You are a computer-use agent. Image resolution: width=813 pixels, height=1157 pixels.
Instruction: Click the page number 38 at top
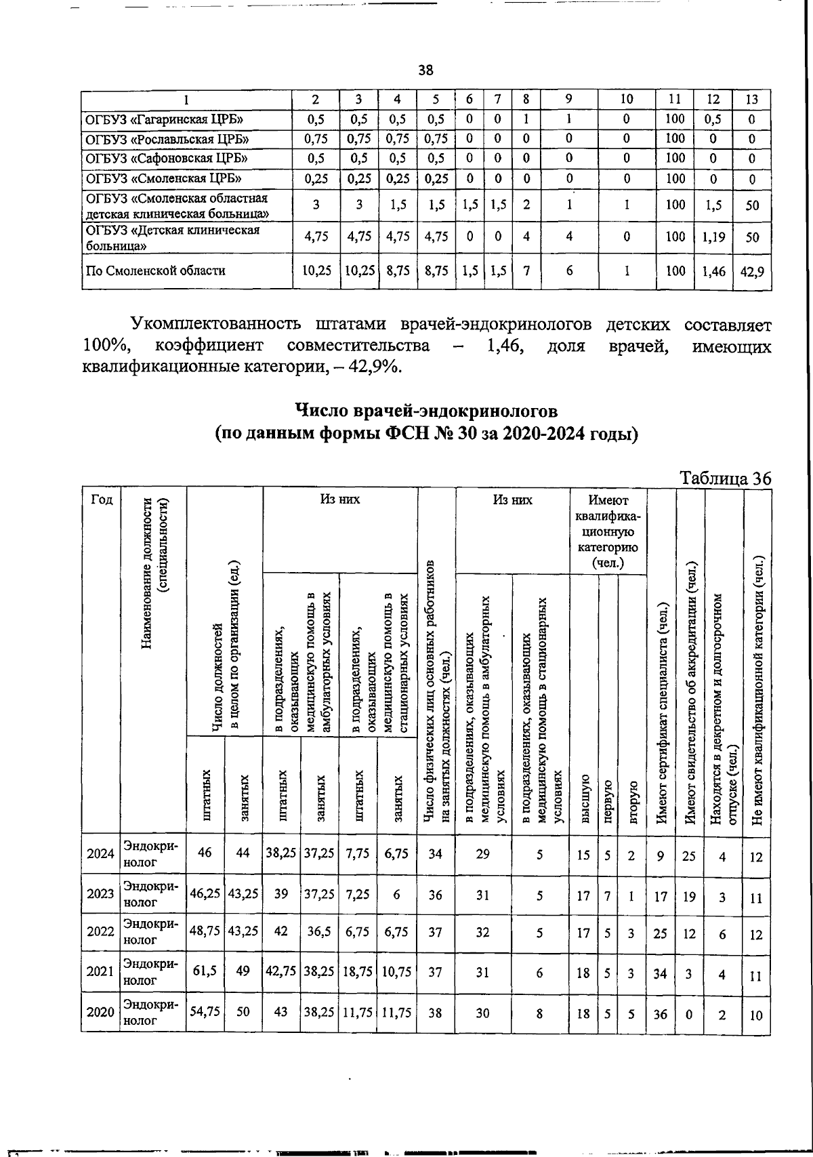tap(425, 70)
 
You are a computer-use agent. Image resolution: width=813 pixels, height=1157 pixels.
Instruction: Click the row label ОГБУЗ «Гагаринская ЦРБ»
tap(163, 120)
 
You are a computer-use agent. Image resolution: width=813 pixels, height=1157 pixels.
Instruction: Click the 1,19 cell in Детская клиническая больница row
tap(713, 237)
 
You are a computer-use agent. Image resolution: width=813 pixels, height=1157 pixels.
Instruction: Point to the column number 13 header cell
tap(752, 100)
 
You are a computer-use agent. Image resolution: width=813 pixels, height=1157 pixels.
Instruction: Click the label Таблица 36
tap(726, 478)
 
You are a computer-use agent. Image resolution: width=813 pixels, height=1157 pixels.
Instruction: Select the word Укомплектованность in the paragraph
tap(218, 324)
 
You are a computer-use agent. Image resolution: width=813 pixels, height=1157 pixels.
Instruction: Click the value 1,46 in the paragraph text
tap(506, 346)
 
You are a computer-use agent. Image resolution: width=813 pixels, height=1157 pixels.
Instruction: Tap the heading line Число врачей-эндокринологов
tap(426, 411)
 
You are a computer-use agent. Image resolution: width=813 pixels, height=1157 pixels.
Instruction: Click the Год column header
tap(100, 500)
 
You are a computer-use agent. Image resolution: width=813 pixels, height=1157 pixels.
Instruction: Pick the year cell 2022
tap(100, 933)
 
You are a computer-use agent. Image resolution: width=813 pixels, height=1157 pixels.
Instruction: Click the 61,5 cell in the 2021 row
tap(205, 972)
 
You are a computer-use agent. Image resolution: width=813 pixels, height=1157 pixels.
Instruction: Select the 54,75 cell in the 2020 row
tap(205, 1012)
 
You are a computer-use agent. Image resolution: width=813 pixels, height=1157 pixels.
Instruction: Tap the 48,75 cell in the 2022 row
tap(205, 933)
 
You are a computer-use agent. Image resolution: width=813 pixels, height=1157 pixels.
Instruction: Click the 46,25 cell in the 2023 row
tap(205, 894)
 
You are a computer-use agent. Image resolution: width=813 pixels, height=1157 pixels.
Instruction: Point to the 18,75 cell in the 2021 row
tap(357, 972)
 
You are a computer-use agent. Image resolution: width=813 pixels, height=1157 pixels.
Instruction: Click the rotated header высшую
tap(584, 800)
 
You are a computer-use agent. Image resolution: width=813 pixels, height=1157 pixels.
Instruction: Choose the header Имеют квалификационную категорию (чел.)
tap(608, 531)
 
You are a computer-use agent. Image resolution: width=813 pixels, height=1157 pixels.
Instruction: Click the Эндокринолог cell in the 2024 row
tap(152, 854)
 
